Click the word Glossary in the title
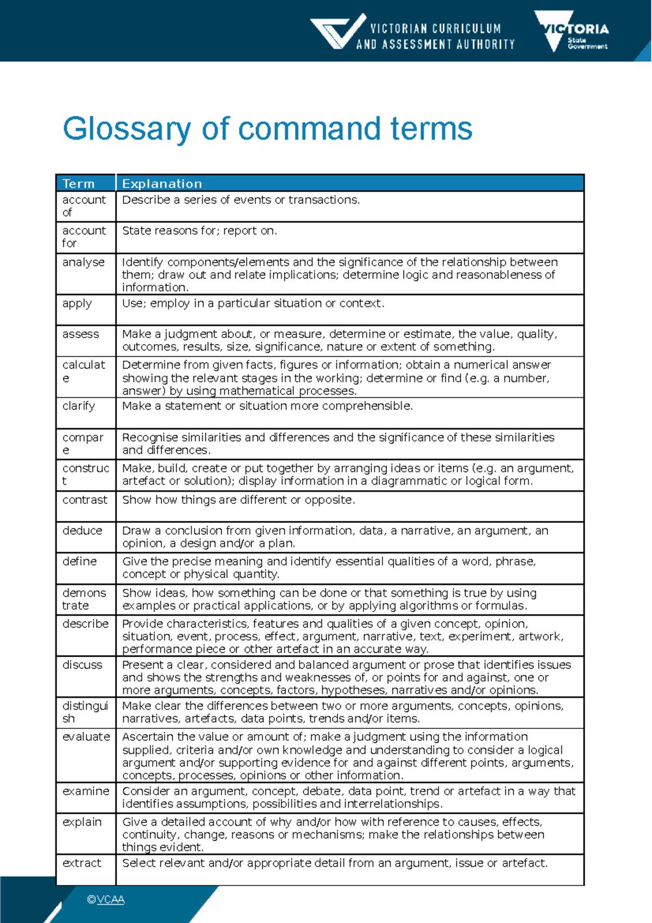(x=126, y=129)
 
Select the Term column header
(x=78, y=184)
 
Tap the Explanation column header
(x=162, y=184)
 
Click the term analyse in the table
(x=83, y=262)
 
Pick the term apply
(x=77, y=303)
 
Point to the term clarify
(x=78, y=406)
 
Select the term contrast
(x=85, y=500)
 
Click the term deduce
(x=82, y=531)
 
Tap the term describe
(x=85, y=623)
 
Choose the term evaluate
(x=86, y=737)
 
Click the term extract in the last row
(x=81, y=863)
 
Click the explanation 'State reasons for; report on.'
(x=199, y=230)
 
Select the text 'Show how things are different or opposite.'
(x=239, y=500)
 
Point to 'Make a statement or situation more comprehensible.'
(x=267, y=406)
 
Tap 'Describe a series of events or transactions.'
(x=241, y=199)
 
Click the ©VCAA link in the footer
(x=105, y=900)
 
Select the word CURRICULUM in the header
(x=467, y=28)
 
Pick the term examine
(x=86, y=791)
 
